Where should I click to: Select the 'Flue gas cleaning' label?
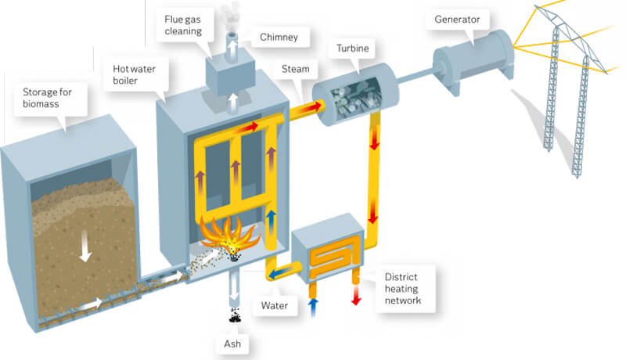185,24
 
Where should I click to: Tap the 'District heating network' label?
404,288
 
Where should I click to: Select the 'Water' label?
277,301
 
